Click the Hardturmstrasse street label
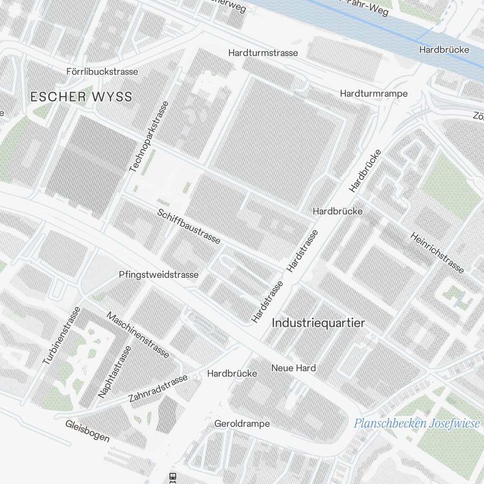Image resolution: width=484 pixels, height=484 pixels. click(x=263, y=52)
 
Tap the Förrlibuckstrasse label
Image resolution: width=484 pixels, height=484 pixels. click(x=102, y=72)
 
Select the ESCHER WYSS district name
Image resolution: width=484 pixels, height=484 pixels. click(x=81, y=97)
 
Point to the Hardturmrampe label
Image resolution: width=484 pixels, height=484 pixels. click(x=374, y=93)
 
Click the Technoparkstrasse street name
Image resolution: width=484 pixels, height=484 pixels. click(x=150, y=136)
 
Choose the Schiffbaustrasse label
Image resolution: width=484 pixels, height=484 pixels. click(x=189, y=227)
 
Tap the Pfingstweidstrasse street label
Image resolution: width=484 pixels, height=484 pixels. click(x=159, y=275)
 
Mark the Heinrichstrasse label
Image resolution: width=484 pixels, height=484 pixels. click(x=437, y=252)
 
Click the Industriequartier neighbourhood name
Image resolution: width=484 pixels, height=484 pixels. click(x=318, y=323)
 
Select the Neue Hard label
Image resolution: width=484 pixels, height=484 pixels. click(x=293, y=368)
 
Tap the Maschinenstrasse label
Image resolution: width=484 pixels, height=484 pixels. click(x=138, y=335)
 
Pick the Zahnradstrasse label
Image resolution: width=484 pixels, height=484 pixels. click(x=158, y=389)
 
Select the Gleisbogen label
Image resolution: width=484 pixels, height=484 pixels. click(x=88, y=431)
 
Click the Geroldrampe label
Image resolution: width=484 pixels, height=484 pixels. click(x=242, y=424)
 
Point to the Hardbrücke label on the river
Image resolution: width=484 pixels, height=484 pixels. click(x=444, y=50)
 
